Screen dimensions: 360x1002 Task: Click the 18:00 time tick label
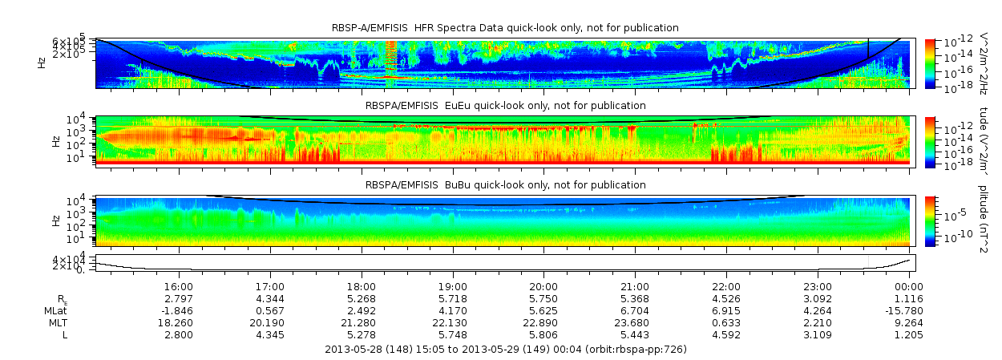point(362,286)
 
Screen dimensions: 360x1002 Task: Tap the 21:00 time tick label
point(635,286)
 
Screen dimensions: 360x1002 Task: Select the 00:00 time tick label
point(909,286)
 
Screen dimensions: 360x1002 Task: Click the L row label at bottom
point(66,334)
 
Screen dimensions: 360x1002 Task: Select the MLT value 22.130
point(452,322)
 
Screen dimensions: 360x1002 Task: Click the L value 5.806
point(543,334)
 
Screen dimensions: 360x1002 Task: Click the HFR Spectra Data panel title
point(505,28)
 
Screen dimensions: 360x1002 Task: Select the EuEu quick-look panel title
point(505,106)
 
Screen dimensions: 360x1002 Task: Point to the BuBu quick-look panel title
point(505,185)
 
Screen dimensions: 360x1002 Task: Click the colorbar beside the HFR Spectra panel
point(930,63)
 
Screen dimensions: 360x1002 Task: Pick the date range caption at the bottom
point(506,350)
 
